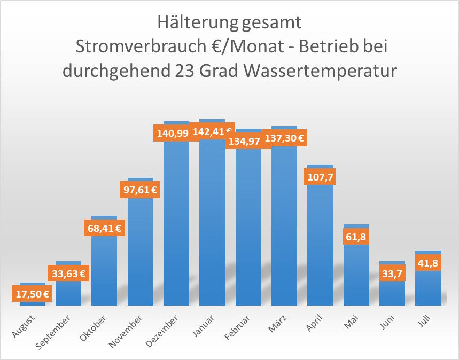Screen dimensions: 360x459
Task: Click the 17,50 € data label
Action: [x=32, y=293]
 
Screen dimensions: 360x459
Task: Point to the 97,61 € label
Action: [x=140, y=189]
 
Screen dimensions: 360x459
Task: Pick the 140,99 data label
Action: [x=172, y=133]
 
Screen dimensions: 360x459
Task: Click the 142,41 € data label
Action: [x=212, y=131]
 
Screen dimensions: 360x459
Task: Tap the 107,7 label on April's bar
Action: [x=320, y=177]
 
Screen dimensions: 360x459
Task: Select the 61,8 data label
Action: [x=356, y=237]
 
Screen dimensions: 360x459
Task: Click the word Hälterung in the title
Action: [x=190, y=22]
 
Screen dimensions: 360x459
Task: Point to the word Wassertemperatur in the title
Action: [x=315, y=70]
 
